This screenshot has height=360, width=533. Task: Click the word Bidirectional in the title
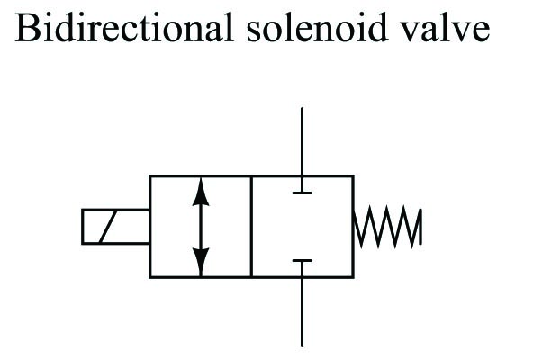click(x=124, y=27)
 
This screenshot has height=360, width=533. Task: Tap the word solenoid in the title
click(x=317, y=27)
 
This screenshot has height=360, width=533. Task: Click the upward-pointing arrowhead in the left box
click(x=201, y=192)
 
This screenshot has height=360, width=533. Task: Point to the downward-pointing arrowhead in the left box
click(x=201, y=262)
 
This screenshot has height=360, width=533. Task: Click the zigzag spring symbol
click(x=387, y=227)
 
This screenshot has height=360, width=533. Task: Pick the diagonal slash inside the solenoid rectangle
click(x=108, y=227)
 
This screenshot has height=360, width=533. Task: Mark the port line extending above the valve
click(x=303, y=142)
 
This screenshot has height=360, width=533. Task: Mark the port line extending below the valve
click(x=303, y=311)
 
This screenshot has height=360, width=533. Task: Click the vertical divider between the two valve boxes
click(x=251, y=227)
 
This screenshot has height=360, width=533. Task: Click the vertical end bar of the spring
click(x=420, y=227)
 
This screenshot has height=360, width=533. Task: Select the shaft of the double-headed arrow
click(x=201, y=227)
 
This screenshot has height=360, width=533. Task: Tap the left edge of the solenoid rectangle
click(x=82, y=227)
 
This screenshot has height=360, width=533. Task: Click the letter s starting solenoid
click(x=254, y=32)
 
